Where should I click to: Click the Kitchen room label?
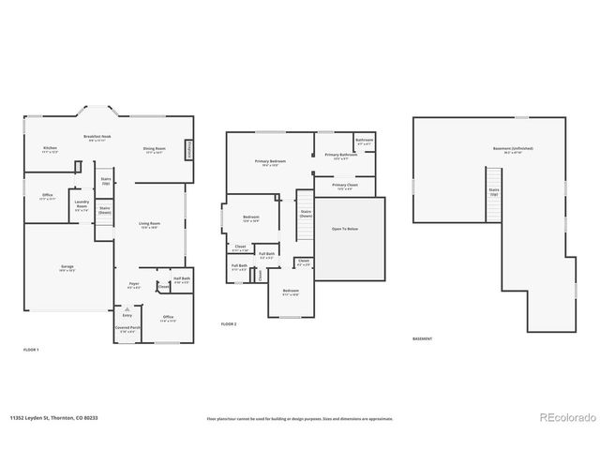pyautogui.click(x=50, y=148)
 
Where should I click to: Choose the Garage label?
pyautogui.click(x=67, y=267)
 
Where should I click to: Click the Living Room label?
pyautogui.click(x=149, y=223)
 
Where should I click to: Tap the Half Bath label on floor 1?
pyautogui.click(x=182, y=278)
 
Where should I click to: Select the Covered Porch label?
pyautogui.click(x=127, y=329)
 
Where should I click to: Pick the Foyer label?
pyautogui.click(x=134, y=284)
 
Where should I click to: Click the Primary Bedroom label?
pyautogui.click(x=271, y=161)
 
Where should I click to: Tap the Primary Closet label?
pyautogui.click(x=346, y=186)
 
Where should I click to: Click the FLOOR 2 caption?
pyautogui.click(x=229, y=323)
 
